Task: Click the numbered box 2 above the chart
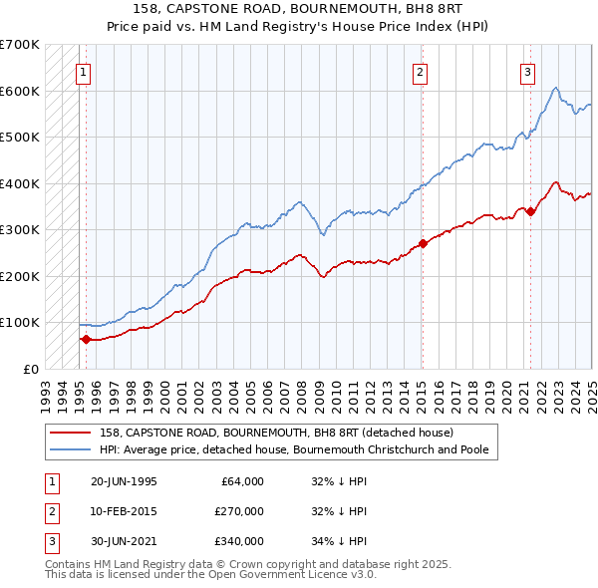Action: click(421, 72)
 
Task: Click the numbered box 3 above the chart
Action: click(526, 72)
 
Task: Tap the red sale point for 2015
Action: click(423, 243)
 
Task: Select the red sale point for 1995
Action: click(86, 339)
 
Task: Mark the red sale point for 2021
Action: click(531, 211)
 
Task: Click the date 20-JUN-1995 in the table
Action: click(124, 481)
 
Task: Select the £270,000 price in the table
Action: click(239, 511)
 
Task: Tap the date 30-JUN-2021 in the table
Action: click(124, 541)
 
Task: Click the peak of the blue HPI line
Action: click(555, 87)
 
